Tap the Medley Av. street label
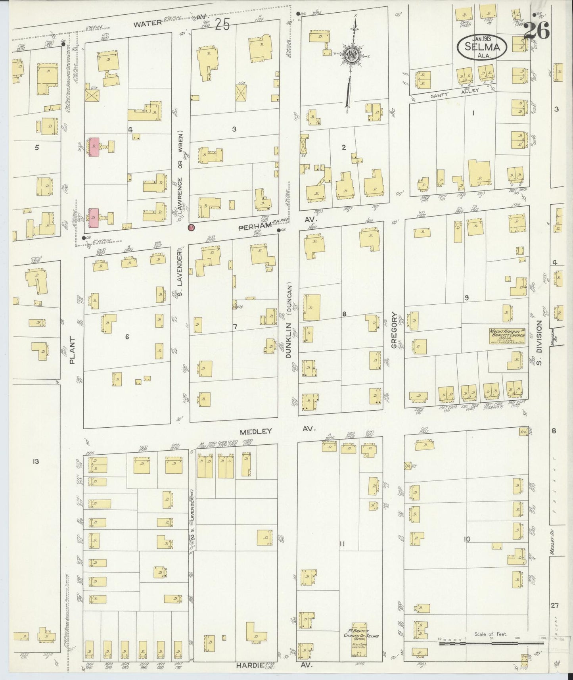[x=277, y=430]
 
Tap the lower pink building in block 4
[x=94, y=218]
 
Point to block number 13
[x=36, y=461]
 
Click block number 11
[x=342, y=544]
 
